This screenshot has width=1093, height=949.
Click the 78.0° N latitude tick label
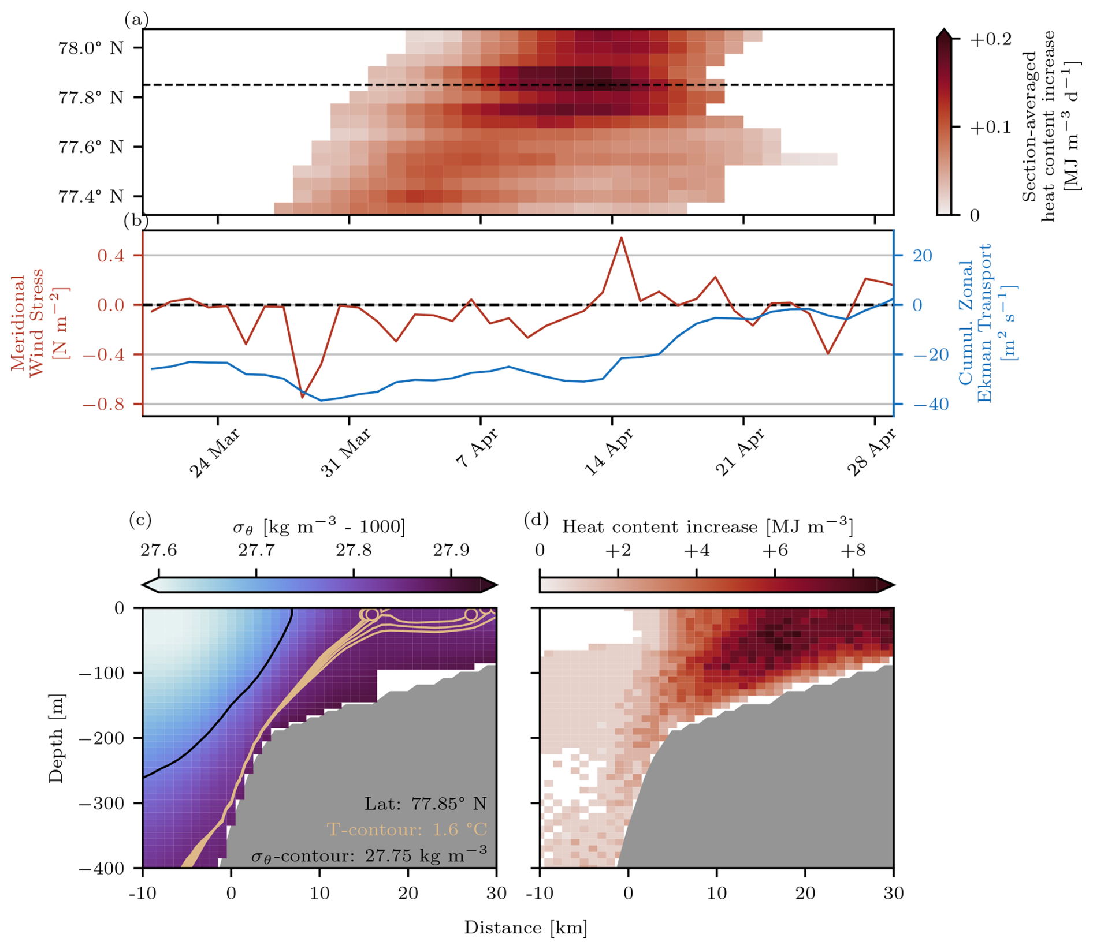90,48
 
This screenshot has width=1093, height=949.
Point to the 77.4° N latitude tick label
90,197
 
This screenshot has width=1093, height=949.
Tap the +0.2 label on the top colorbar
990,39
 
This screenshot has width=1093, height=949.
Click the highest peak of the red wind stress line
621,237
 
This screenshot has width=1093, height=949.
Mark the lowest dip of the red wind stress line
302,398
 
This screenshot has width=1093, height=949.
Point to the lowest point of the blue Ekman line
322,401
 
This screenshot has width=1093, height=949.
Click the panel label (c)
140,520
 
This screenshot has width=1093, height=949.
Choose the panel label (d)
536,520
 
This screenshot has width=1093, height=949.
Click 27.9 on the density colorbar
451,551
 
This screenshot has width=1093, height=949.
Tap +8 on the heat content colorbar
853,551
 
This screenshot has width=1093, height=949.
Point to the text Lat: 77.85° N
425,803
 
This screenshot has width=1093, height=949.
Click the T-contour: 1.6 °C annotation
407,830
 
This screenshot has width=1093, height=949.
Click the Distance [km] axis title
526,928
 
